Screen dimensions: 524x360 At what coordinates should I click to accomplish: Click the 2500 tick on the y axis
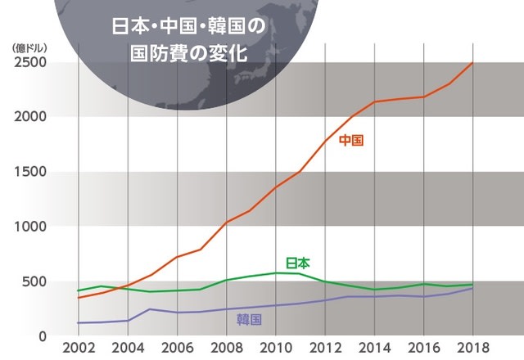30,62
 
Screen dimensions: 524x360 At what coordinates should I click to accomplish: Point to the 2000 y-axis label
30,117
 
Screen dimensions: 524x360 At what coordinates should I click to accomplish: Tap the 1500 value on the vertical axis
30,172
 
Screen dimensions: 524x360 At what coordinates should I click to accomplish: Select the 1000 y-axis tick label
30,227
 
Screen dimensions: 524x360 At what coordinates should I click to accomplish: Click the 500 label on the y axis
34,281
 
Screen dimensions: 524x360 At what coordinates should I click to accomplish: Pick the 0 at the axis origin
43,336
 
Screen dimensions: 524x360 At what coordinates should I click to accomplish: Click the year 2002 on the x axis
79,348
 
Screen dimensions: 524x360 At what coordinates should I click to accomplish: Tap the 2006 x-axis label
177,348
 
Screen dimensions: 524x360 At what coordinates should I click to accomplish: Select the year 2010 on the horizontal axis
276,348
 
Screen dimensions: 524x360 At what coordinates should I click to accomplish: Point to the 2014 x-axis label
374,348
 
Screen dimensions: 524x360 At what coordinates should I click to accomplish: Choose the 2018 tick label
473,348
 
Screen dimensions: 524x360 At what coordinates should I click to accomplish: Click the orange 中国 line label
351,140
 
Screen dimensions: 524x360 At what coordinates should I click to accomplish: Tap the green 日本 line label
298,263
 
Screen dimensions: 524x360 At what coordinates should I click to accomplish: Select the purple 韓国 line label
249,320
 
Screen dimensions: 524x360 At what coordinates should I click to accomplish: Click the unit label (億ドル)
29,48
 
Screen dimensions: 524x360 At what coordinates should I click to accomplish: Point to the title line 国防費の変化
189,53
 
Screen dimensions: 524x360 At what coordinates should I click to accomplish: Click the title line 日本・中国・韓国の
189,26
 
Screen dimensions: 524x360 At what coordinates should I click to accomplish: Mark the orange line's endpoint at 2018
472,62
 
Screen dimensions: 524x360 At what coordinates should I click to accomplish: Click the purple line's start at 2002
79,323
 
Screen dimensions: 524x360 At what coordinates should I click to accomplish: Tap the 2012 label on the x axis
325,348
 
